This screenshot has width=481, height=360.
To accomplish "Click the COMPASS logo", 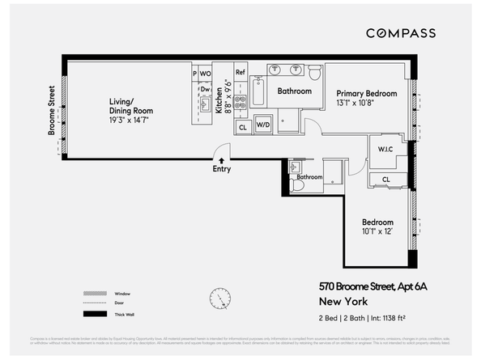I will coord(401,33).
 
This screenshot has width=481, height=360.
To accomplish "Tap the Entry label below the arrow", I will coord(221,169).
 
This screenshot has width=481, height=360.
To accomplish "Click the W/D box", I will coord(263,126).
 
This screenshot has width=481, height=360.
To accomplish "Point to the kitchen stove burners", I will coord(240,102).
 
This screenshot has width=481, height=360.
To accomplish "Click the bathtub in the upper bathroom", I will coord(258,92).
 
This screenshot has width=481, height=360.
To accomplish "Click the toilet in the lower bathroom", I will coord(297,185).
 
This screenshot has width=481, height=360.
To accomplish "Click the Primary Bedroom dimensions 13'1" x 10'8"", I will coord(367,104).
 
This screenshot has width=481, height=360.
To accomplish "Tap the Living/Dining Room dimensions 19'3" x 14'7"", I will coord(130,120).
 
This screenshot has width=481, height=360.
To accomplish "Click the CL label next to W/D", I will coord(243,127).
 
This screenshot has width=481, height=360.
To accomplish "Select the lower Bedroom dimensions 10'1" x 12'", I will coord(377,232).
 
